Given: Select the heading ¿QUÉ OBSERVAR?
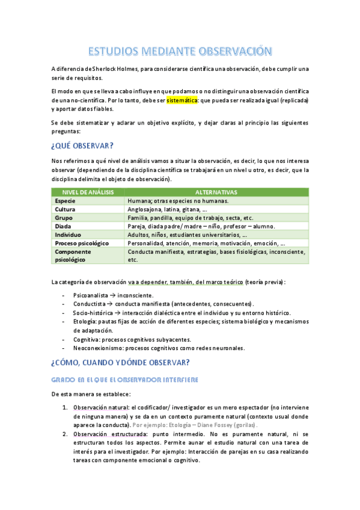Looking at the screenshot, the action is click(x=83, y=146).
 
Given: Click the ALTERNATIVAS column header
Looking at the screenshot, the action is click(x=216, y=192).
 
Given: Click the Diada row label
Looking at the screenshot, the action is click(x=63, y=226).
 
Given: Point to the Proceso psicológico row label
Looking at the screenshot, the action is click(x=82, y=243).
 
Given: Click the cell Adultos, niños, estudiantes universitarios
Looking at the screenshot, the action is click(x=188, y=235).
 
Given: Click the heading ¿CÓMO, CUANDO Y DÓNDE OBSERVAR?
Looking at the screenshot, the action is click(x=121, y=362).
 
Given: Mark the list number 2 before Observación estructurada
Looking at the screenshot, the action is click(x=65, y=434).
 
